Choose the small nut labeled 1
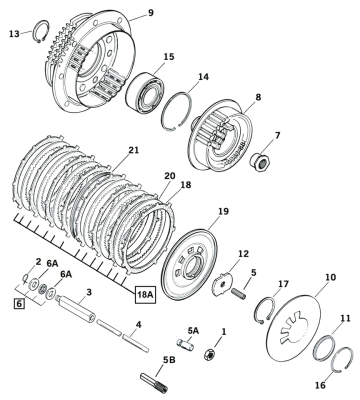click(x=209, y=355)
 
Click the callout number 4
click(x=138, y=324)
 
